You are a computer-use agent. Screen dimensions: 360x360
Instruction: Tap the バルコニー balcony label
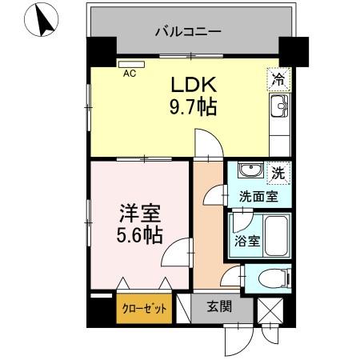[x=187, y=33]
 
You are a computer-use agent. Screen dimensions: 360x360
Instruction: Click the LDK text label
[x=190, y=85]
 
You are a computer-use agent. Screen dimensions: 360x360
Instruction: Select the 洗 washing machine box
[x=276, y=172]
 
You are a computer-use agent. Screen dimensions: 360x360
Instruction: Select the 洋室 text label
[x=141, y=214]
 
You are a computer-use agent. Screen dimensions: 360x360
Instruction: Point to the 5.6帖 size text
[x=141, y=235]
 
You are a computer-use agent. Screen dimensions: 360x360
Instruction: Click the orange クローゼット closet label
[x=144, y=307]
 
